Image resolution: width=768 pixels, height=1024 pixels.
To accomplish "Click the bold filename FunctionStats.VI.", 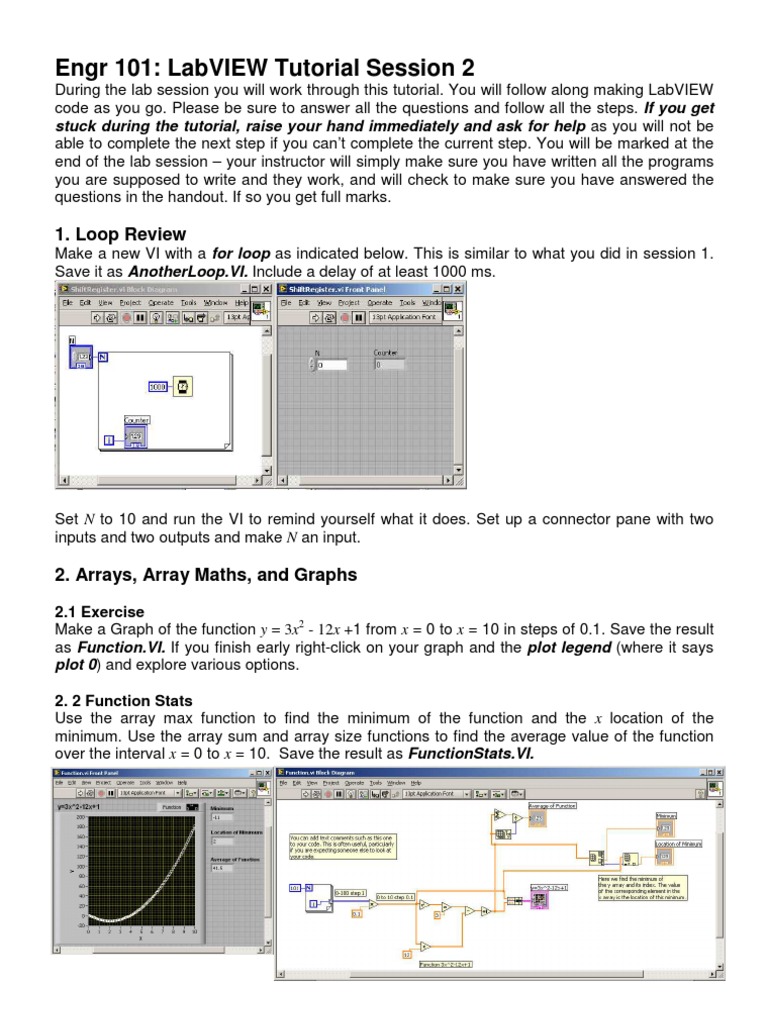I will click(470, 753).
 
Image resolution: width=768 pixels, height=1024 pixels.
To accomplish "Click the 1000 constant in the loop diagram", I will click(157, 386).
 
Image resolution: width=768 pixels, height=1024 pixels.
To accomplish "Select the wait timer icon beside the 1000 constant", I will click(183, 386).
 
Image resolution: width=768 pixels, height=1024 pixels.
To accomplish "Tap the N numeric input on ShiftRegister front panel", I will click(330, 365).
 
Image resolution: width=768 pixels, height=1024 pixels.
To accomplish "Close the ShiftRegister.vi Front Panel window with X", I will click(458, 289).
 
